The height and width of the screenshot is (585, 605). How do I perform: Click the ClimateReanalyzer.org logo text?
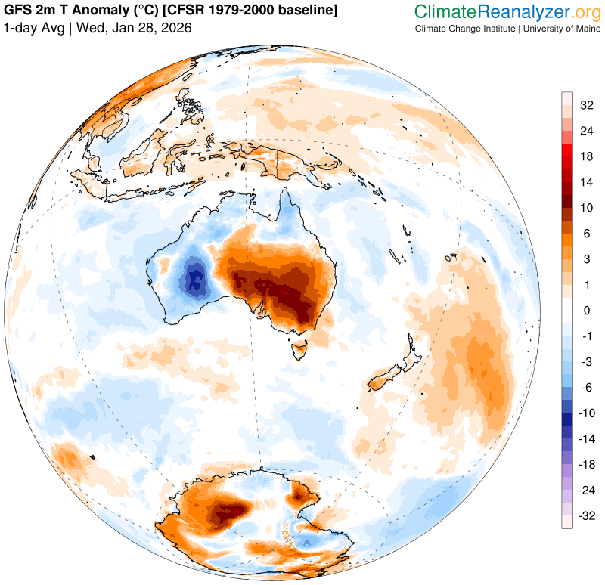[506, 11]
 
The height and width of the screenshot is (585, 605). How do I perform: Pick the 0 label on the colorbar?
[585, 310]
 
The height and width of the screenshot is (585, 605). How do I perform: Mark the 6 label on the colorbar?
[585, 234]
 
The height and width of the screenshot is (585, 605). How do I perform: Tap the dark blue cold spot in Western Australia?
[196, 280]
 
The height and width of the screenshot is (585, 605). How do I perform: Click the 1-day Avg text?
[34, 28]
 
